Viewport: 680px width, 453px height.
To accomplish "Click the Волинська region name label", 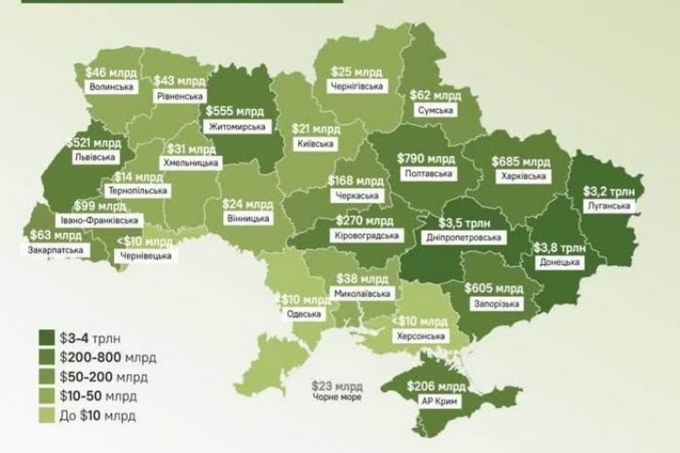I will click(112, 87).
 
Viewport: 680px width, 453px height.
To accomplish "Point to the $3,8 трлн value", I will click(560, 247).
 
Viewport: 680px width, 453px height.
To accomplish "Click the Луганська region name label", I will click(608, 207).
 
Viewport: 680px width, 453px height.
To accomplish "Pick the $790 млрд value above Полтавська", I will click(423, 158).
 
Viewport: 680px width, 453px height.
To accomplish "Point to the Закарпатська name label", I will click(50, 248).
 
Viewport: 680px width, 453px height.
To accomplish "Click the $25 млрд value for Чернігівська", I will click(354, 72).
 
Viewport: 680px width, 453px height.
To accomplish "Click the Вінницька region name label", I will click(246, 219).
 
